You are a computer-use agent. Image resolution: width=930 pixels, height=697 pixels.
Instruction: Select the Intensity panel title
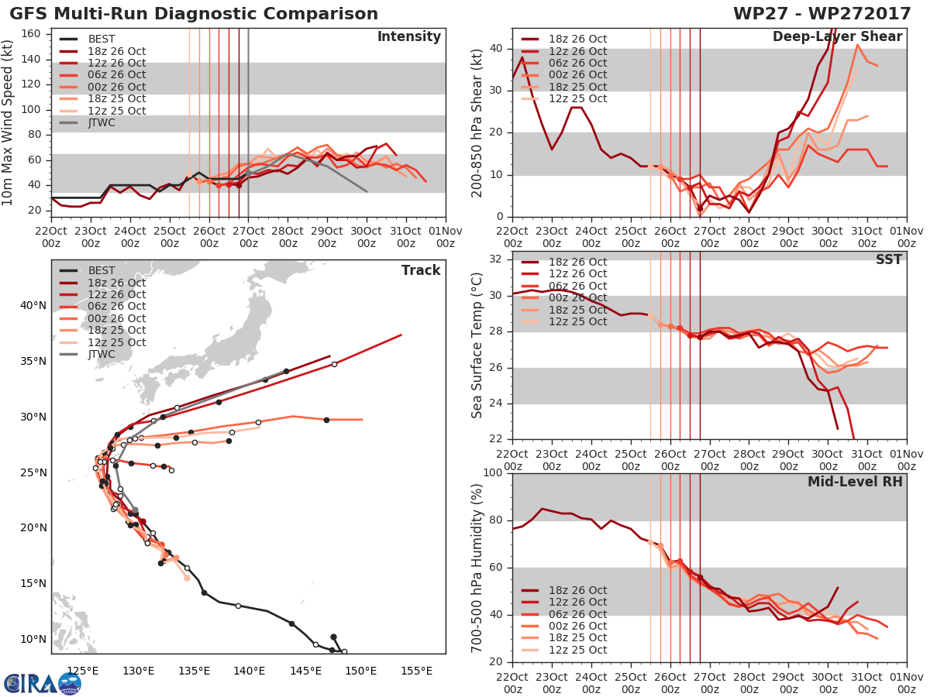click(x=408, y=37)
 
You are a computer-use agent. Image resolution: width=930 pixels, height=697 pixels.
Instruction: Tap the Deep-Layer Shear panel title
click(x=837, y=37)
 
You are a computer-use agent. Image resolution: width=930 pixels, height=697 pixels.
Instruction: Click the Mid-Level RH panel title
click(x=855, y=482)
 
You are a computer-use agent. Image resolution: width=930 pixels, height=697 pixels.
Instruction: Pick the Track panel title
click(x=421, y=270)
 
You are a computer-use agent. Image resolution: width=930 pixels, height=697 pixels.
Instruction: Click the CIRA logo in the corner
click(x=43, y=683)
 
